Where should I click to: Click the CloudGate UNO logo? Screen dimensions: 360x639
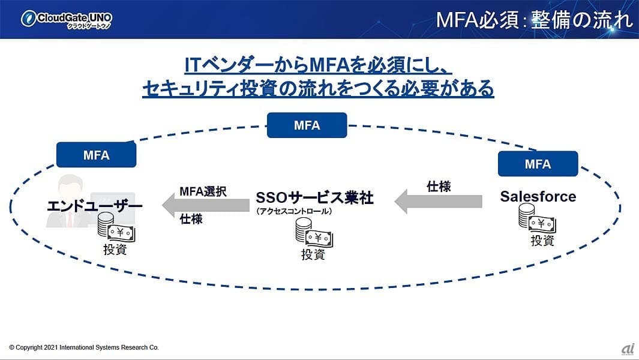point(66,19)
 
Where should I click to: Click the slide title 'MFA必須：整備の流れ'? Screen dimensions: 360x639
point(534,19)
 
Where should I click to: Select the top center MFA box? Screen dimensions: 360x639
point(307,125)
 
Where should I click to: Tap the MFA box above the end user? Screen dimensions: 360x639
point(96,155)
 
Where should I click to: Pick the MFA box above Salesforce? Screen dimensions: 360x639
point(538,164)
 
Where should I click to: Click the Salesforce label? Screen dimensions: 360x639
point(538,197)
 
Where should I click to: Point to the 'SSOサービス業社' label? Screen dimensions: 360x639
point(314,198)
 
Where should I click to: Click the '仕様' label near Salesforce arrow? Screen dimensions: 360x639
point(438,186)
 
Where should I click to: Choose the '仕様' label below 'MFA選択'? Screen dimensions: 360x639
point(191,220)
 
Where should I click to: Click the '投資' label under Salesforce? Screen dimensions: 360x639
point(542,241)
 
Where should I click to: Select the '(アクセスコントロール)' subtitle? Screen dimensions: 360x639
point(294,211)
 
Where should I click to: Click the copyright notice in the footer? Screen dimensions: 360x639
point(84,347)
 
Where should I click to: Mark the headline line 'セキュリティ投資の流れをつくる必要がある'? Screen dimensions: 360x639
point(318,89)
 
